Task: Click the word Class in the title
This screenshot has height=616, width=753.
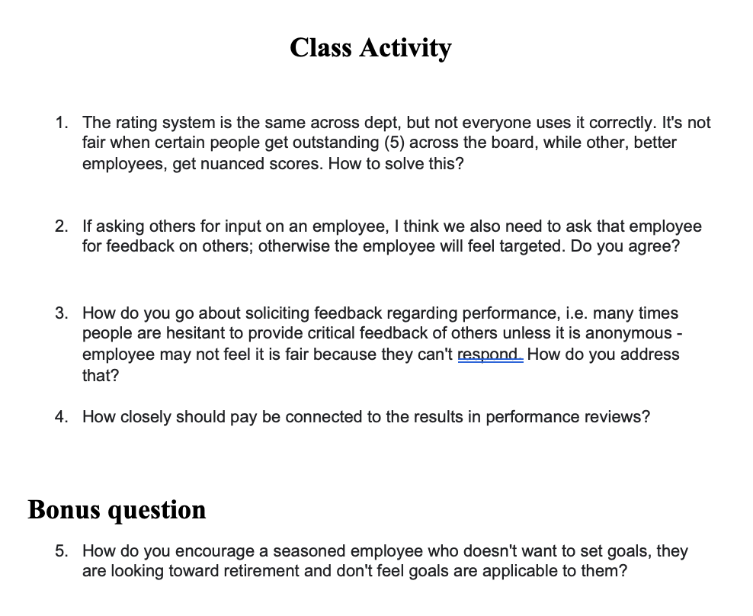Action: (x=321, y=47)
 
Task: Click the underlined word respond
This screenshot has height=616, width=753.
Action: (x=489, y=355)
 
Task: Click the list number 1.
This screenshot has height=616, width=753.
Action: (x=60, y=122)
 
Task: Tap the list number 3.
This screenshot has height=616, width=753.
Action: (x=60, y=313)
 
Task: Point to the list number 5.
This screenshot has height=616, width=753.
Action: (x=60, y=550)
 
